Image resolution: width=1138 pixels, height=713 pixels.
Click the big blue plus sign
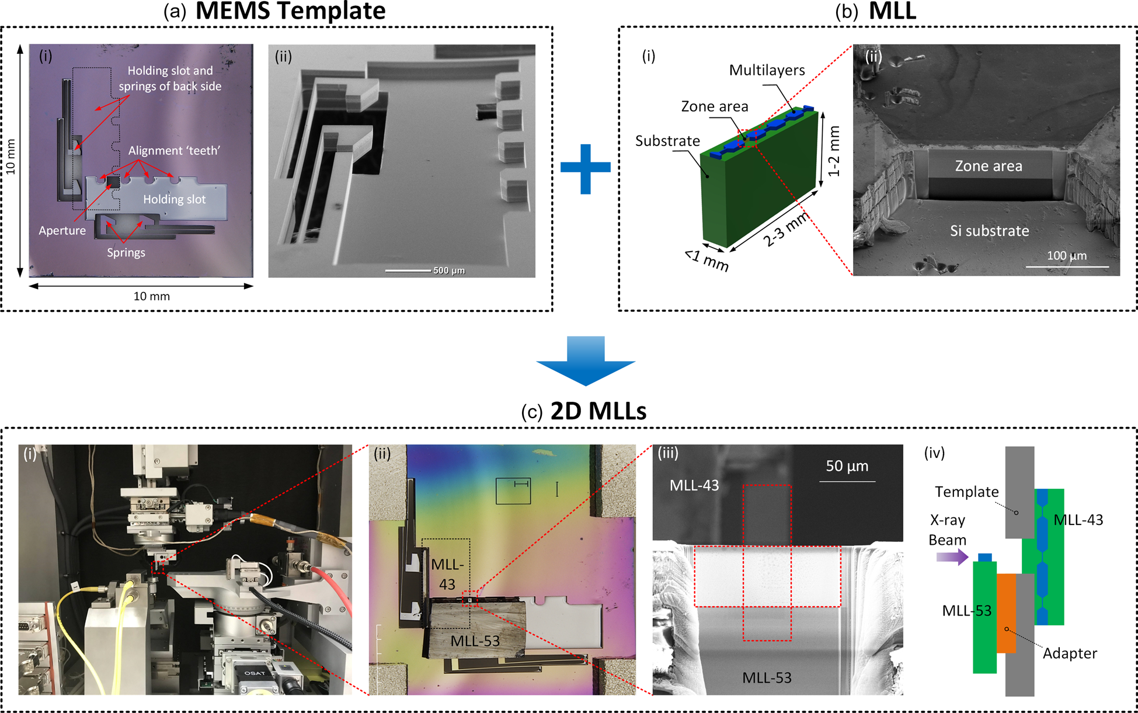[x=586, y=169]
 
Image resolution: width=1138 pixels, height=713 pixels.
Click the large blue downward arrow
[x=586, y=360]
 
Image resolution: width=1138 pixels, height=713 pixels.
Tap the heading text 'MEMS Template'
[x=290, y=11]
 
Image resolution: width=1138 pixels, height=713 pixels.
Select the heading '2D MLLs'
[x=598, y=411]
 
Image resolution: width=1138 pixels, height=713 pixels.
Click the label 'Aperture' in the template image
[x=62, y=231]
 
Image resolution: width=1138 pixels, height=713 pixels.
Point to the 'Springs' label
[x=126, y=253]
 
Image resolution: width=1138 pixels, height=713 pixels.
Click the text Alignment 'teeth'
[x=174, y=151]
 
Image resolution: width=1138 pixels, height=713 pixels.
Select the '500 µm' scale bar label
[x=449, y=270]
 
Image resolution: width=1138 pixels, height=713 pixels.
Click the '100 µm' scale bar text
[x=1067, y=256]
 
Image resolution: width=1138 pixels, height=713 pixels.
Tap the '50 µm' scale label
[x=847, y=466]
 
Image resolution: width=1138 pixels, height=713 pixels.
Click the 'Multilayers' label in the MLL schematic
[x=767, y=71]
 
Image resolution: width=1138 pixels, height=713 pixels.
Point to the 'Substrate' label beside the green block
[x=667, y=141]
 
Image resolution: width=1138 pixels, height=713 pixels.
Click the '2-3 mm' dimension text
[x=786, y=229]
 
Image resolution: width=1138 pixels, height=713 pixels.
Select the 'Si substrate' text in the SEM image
[x=989, y=231]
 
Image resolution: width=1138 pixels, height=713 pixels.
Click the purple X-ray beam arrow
[x=952, y=557]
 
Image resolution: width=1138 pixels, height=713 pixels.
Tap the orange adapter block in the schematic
[x=1006, y=613]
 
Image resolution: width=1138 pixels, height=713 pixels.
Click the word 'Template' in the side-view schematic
[x=966, y=492]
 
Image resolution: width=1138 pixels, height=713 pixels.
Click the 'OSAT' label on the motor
[x=255, y=673]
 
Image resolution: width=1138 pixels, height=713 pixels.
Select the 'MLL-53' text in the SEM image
[x=767, y=678]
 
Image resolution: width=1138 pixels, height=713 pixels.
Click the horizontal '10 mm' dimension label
[x=152, y=297]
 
